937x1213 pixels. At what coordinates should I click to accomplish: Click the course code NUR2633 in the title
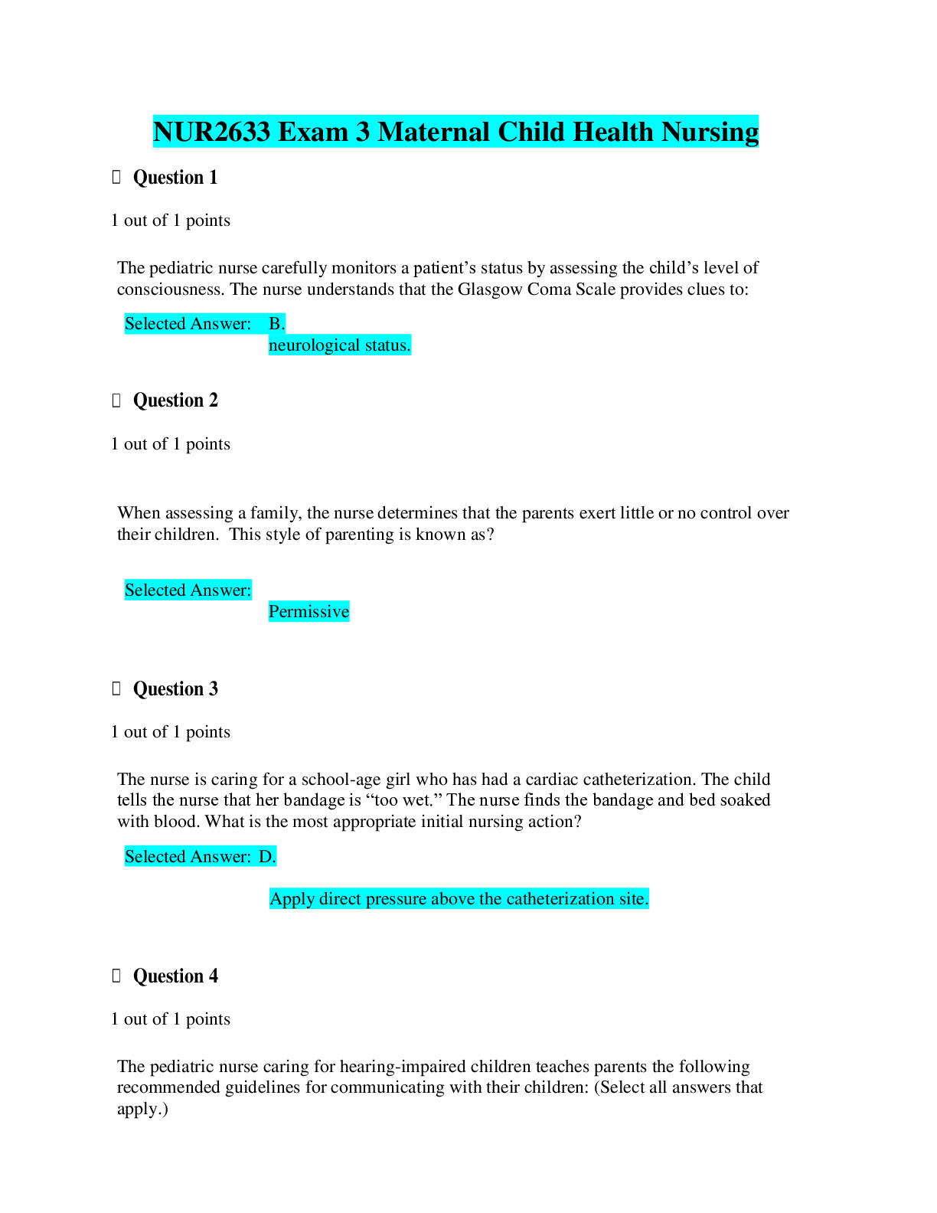[x=211, y=132]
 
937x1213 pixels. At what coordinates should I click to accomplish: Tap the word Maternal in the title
[x=433, y=132]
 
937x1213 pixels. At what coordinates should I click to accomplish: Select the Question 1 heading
[x=175, y=178]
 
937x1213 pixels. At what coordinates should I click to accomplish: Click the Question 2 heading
[x=175, y=401]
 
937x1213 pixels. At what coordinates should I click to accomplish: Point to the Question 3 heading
[x=175, y=689]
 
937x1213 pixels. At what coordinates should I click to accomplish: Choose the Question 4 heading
[x=175, y=976]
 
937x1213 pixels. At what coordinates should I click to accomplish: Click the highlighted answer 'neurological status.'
[x=339, y=345]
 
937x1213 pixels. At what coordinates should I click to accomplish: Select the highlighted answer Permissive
[x=309, y=611]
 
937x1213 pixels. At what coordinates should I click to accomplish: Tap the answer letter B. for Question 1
[x=277, y=324]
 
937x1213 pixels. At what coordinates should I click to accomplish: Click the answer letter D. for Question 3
[x=267, y=856]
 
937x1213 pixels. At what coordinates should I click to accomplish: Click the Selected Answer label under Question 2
[x=188, y=590]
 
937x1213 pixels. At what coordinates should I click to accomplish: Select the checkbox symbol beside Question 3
[x=116, y=689]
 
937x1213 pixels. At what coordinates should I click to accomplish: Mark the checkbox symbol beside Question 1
[x=116, y=178]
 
